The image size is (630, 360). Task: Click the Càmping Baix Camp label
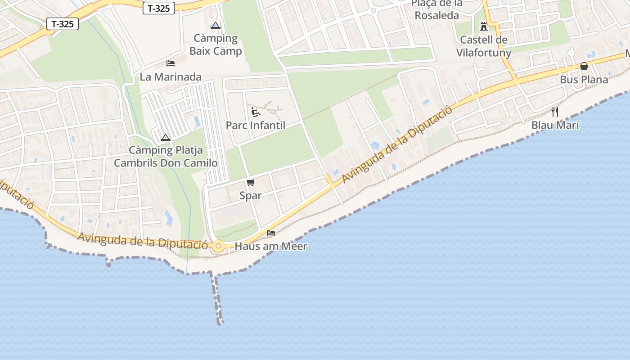click(216, 45)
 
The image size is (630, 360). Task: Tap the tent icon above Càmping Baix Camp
click(216, 25)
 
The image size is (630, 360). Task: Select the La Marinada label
click(171, 77)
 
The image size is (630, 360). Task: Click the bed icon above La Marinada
click(171, 63)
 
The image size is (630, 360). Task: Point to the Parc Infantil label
click(256, 126)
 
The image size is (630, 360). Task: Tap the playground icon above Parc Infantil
click(256, 112)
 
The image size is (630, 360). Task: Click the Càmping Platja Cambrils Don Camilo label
click(166, 157)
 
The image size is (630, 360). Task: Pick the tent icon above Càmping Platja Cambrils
click(165, 137)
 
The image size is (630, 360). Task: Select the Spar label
click(251, 196)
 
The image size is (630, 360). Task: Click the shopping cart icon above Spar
click(251, 182)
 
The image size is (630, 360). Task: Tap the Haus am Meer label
click(271, 247)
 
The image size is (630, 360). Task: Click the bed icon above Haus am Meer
click(271, 233)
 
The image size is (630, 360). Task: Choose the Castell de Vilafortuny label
click(484, 46)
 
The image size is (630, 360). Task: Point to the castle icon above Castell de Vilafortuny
click(484, 27)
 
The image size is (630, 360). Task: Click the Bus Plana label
click(584, 80)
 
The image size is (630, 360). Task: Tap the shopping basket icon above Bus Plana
click(584, 67)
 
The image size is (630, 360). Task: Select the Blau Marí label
click(555, 126)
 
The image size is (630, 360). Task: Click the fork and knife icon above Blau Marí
click(555, 112)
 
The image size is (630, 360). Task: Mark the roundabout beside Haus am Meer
click(219, 246)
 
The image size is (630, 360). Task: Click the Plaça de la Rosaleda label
click(437, 10)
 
